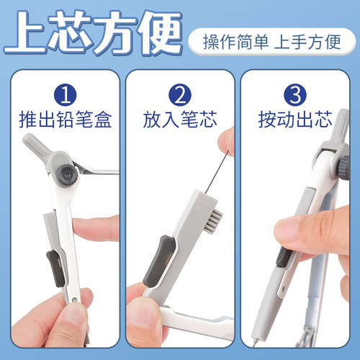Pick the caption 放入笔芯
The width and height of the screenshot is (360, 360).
(179, 120)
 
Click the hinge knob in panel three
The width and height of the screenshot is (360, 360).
(336, 164)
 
